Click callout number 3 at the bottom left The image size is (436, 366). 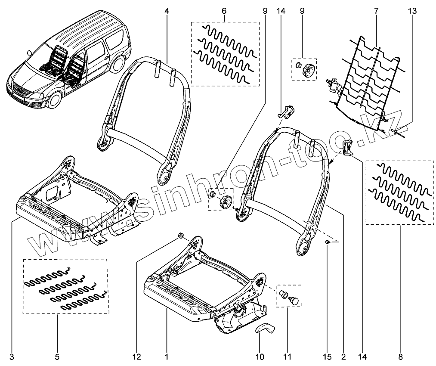tap(12, 357)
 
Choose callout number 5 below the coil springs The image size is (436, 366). tap(57, 357)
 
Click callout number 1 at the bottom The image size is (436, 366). tap(166, 357)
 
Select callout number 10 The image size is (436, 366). tap(260, 357)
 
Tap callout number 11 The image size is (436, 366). tap(287, 357)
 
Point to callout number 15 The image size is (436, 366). tap(328, 357)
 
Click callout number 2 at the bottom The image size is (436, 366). tap(343, 357)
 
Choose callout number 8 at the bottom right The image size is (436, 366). tap(400, 357)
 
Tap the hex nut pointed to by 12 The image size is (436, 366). tap(181, 236)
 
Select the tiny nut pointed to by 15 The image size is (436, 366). tap(328, 243)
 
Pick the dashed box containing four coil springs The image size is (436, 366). tap(65, 286)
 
